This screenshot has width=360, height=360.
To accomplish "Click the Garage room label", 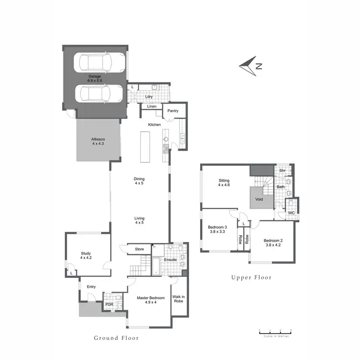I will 95,79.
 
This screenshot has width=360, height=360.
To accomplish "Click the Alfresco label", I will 98,141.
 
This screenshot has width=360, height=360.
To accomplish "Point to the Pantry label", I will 173,111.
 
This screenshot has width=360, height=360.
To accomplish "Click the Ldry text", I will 149,96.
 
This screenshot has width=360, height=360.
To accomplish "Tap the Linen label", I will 152,106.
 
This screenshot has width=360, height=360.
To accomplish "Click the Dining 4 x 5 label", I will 139,181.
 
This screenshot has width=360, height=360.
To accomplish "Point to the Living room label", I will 139,220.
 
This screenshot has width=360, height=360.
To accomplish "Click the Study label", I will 86,255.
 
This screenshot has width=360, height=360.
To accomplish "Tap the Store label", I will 139,249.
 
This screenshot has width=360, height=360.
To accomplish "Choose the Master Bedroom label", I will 149,300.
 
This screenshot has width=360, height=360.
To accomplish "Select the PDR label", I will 109,304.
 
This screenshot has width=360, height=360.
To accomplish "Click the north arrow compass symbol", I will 251,66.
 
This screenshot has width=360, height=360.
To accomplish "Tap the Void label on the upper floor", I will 259,199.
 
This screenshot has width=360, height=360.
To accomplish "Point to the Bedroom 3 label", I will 217,229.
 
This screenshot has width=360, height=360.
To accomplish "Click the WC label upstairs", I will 291,212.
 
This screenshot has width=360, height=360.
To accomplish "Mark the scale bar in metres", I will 275,331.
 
